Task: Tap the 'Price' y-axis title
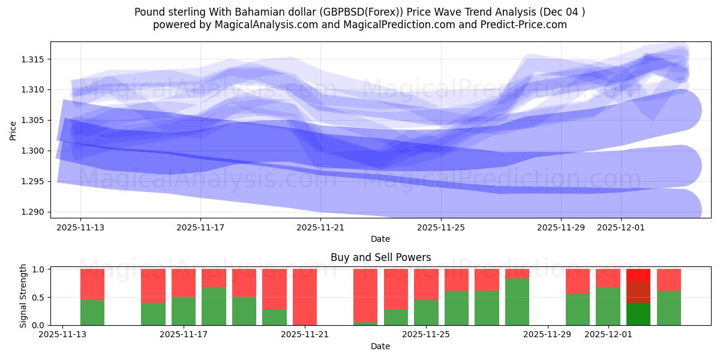click(x=13, y=130)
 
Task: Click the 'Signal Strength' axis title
click(x=23, y=296)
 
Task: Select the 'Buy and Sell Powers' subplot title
click(x=380, y=257)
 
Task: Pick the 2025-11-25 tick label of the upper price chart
click(x=441, y=227)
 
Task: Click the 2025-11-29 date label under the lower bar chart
click(x=548, y=334)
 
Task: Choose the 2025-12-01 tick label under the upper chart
click(x=621, y=227)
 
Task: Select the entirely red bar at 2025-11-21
click(x=305, y=297)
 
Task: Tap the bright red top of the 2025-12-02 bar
click(x=638, y=275)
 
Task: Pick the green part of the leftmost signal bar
click(x=92, y=312)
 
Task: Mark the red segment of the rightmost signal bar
click(x=669, y=280)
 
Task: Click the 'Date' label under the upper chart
click(x=380, y=239)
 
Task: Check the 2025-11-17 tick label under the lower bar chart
click(x=184, y=334)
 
